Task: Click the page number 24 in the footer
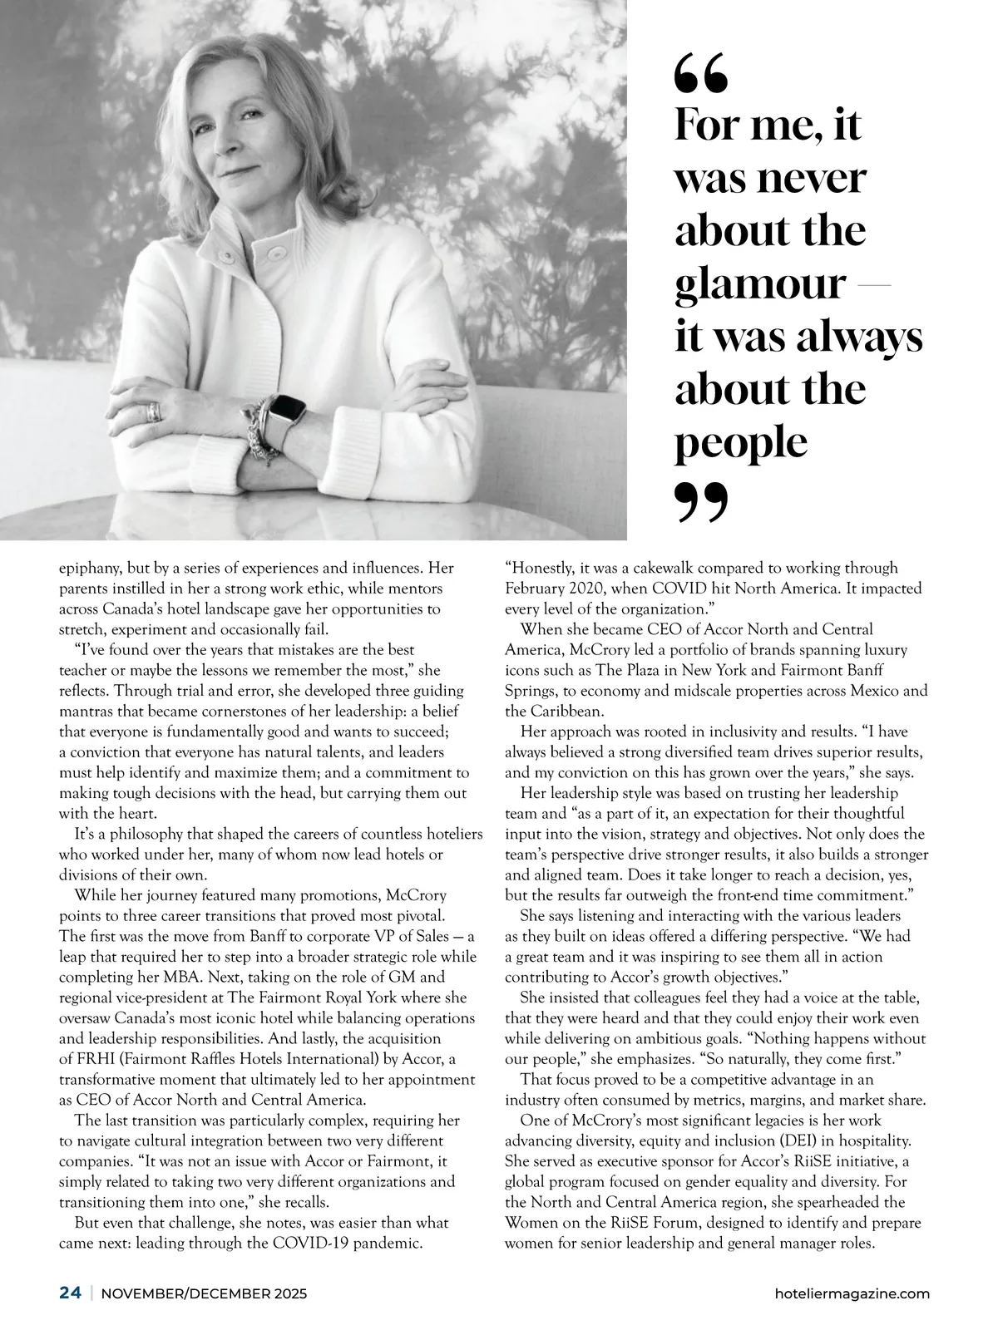(70, 1293)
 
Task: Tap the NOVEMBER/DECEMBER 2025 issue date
(204, 1293)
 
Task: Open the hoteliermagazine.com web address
(851, 1293)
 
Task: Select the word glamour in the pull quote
(759, 284)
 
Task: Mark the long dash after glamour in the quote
(872, 285)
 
